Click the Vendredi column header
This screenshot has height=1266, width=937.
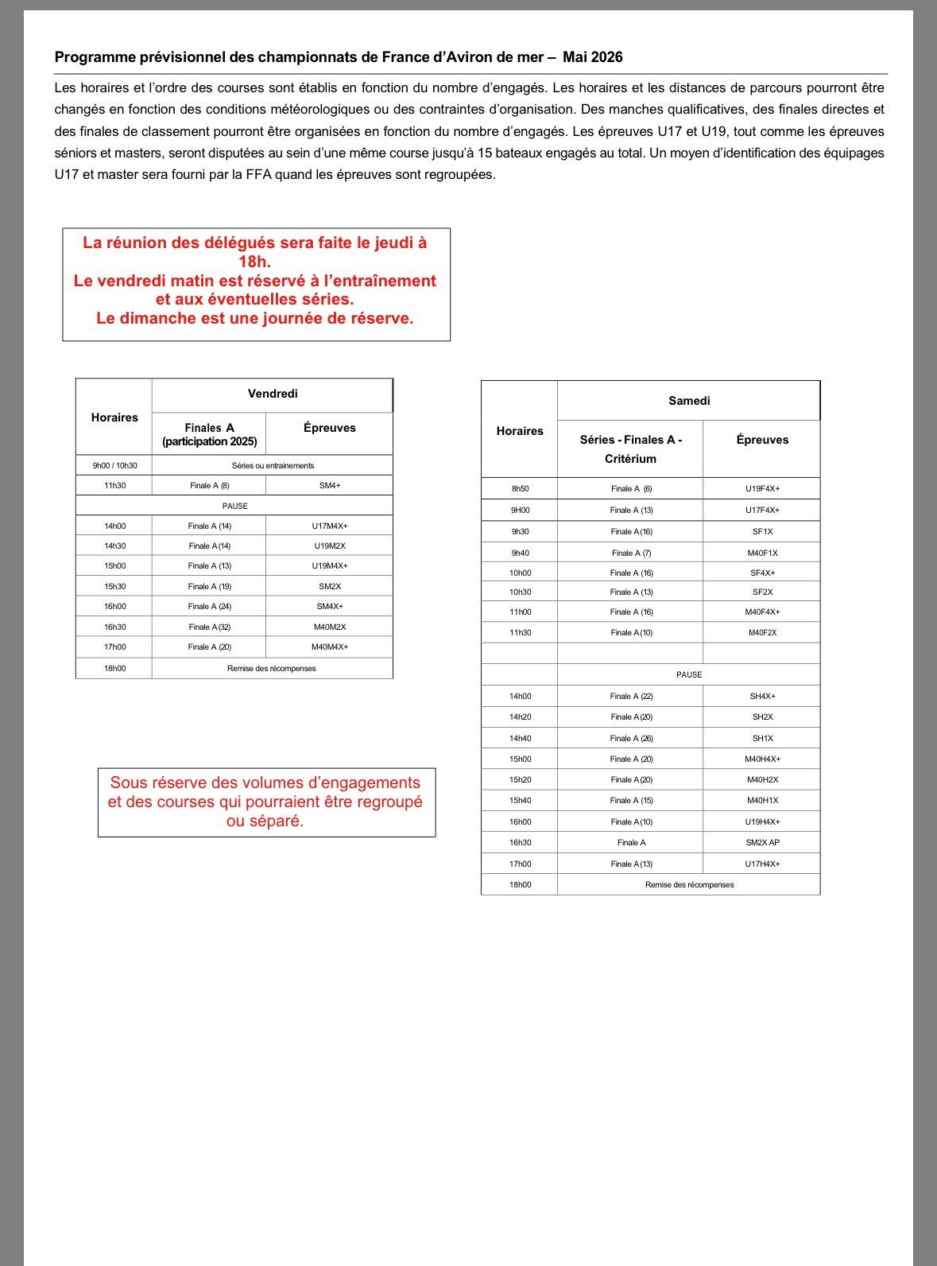tap(273, 394)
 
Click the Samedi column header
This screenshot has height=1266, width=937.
tap(689, 401)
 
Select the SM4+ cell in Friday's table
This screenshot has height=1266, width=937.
tap(329, 485)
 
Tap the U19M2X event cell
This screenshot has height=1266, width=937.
tap(329, 546)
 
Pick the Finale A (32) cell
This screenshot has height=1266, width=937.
tap(209, 627)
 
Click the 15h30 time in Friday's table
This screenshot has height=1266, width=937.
tap(114, 586)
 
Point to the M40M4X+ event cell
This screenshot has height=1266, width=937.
tap(329, 647)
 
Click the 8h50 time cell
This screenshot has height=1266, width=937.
tap(520, 489)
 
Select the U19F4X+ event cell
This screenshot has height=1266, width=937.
tap(762, 489)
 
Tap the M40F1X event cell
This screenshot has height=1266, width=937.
tap(762, 553)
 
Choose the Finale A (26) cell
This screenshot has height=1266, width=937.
tap(631, 738)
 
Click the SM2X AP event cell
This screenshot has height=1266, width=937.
tap(762, 842)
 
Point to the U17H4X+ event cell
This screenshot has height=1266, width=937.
tap(762, 864)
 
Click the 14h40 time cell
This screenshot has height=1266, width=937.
tap(520, 738)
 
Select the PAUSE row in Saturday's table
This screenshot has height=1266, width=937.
tap(689, 674)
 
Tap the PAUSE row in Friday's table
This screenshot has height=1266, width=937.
tap(234, 506)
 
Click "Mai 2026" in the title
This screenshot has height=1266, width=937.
tap(593, 57)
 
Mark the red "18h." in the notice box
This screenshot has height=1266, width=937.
tap(254, 262)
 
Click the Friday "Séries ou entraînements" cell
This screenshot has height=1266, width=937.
tap(273, 465)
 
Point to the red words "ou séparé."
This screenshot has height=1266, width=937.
tap(265, 821)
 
